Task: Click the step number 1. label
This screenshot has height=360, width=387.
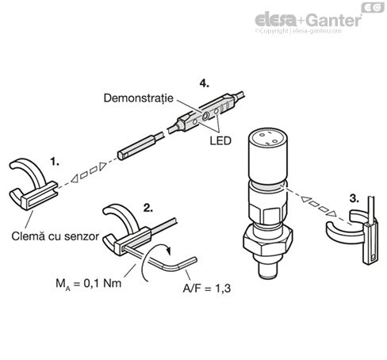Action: click(55, 161)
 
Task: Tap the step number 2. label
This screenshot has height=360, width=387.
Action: click(148, 208)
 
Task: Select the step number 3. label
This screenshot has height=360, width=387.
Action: click(354, 198)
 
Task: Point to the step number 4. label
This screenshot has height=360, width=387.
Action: click(204, 83)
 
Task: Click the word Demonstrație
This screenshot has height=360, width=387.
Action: click(139, 98)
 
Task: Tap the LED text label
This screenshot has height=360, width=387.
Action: click(220, 141)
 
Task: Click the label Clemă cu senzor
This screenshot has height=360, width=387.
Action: click(56, 236)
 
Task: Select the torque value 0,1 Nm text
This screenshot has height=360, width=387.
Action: click(102, 283)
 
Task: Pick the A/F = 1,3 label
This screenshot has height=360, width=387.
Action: click(207, 289)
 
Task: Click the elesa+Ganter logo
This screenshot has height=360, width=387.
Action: click(308, 20)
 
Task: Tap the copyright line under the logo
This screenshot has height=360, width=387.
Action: click(298, 31)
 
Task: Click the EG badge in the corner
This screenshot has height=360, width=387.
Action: click(373, 7)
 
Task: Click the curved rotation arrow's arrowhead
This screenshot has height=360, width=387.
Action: click(169, 251)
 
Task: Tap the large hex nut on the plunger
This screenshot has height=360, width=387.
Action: click(267, 241)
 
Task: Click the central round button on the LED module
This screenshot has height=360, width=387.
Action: click(205, 115)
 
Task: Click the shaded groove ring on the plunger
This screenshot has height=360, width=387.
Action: click(268, 186)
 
